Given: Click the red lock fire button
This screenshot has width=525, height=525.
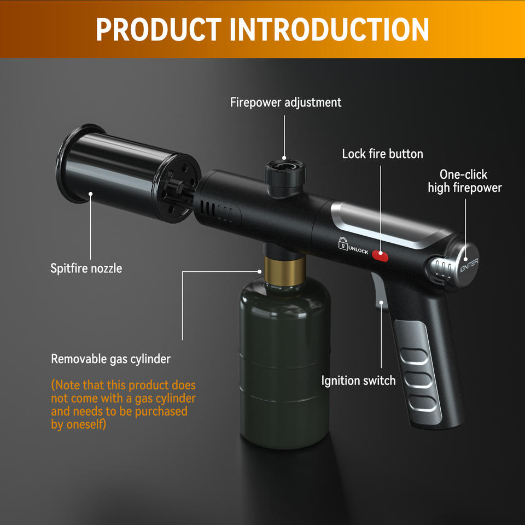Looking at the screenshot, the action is pyautogui.click(x=380, y=255).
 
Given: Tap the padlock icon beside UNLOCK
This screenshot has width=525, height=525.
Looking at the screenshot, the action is pyautogui.click(x=342, y=243).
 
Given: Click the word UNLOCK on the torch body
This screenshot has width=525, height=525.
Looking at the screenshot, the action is pyautogui.click(x=358, y=250).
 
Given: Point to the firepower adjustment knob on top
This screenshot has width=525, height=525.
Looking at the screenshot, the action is pyautogui.click(x=285, y=178).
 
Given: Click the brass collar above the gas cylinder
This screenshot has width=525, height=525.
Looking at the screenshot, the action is pyautogui.click(x=285, y=271).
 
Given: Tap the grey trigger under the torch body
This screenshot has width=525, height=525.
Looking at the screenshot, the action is pyautogui.click(x=380, y=291).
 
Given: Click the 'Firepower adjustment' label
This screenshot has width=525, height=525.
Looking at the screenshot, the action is pyautogui.click(x=285, y=102).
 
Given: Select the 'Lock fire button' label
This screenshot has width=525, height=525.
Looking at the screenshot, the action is pyautogui.click(x=382, y=154).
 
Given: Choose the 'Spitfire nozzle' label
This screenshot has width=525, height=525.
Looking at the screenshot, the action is pyautogui.click(x=86, y=268).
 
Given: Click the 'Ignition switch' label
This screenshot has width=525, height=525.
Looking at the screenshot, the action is pyautogui.click(x=358, y=381).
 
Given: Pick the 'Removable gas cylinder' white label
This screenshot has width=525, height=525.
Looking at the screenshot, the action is pyautogui.click(x=110, y=359).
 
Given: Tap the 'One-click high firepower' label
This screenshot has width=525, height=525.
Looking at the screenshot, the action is pyautogui.click(x=465, y=181).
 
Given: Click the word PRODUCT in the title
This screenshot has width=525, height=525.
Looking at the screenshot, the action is pyautogui.click(x=159, y=29).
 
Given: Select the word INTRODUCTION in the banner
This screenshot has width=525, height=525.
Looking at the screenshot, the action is pyautogui.click(x=329, y=29).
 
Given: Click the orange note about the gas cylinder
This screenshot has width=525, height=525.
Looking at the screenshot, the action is pyautogui.click(x=123, y=405).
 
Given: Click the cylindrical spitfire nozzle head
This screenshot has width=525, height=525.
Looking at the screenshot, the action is pyautogui.click(x=129, y=173).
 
